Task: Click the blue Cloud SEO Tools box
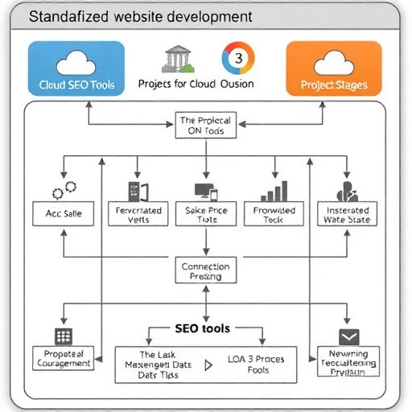76,70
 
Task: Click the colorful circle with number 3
237,59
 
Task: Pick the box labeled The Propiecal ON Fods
205,126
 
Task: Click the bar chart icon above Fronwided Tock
276,192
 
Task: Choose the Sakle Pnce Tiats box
205,215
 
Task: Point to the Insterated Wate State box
347,215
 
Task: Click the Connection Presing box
205,271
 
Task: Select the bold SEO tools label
202,328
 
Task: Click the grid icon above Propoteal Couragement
64,336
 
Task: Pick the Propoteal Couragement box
64,358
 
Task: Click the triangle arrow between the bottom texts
209,365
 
